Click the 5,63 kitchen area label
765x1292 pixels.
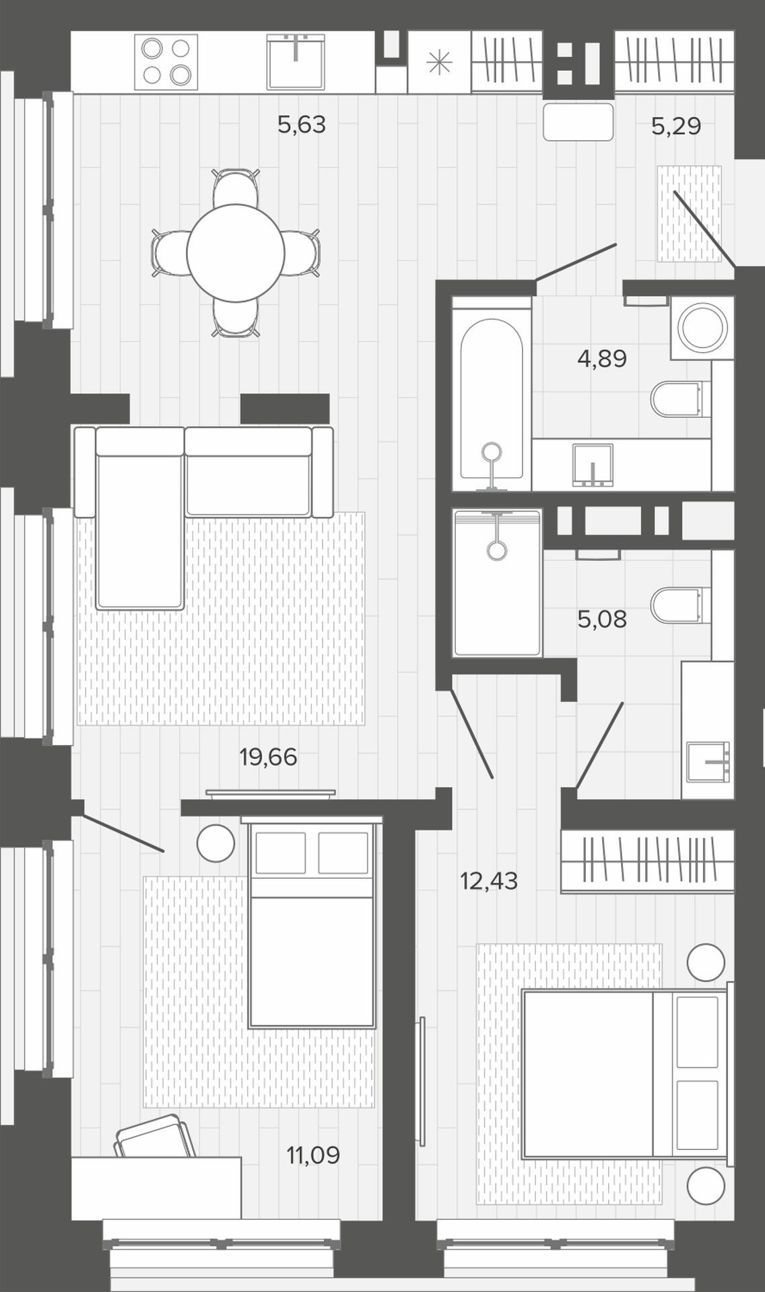302,124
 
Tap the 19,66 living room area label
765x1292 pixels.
268,757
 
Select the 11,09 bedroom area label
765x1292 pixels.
313,1155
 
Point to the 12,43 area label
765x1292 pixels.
489,880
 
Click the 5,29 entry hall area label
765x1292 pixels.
676,126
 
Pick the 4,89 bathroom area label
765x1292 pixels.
602,359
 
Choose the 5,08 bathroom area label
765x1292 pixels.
602,619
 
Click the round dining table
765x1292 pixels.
236,253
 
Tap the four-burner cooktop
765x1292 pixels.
166,62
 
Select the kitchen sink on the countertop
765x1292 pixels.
296,62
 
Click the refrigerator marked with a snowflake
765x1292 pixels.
439,62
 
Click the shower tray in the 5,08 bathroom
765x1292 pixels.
498,583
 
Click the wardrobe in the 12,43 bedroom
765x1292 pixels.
647,861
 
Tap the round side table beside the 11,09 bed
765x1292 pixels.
215,843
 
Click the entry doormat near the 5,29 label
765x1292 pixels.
690,213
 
